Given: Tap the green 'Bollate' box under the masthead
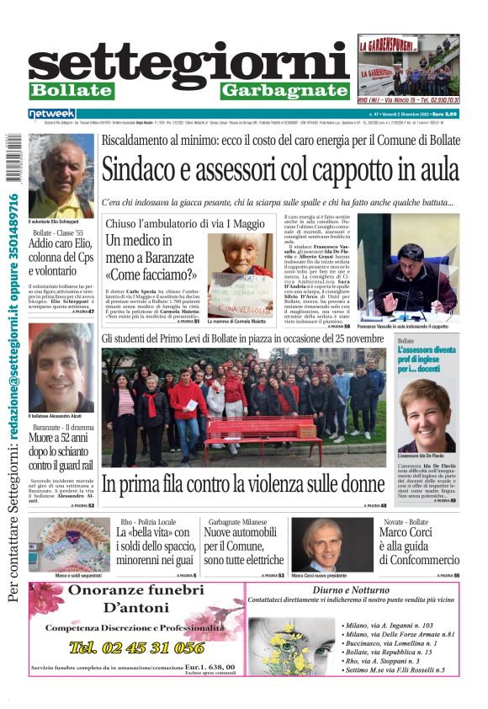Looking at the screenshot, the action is [71, 90].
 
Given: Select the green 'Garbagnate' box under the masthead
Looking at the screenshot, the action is [284, 90].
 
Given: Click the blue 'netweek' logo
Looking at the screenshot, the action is [52, 113].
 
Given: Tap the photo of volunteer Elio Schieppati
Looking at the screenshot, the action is [61, 175].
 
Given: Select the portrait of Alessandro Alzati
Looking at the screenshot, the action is [61, 367].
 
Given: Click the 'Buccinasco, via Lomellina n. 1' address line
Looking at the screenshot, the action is [395, 642].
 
